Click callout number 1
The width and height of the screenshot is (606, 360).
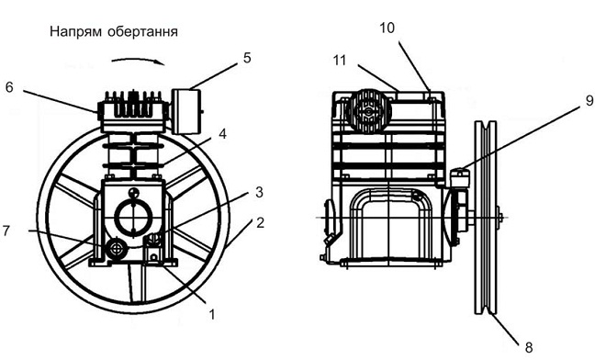coord(212,315)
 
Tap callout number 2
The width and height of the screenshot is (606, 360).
coord(260,223)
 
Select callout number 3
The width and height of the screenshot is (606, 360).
coord(259,192)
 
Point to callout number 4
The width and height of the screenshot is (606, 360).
coord(222,134)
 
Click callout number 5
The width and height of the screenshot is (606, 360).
coord(247,58)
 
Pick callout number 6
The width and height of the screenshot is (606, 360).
coord(9,87)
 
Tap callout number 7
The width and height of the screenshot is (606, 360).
coord(6,231)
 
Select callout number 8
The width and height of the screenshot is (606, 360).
coord(529,347)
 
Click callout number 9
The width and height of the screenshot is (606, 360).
coord(589,100)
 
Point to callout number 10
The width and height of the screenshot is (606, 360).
coord(387,28)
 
